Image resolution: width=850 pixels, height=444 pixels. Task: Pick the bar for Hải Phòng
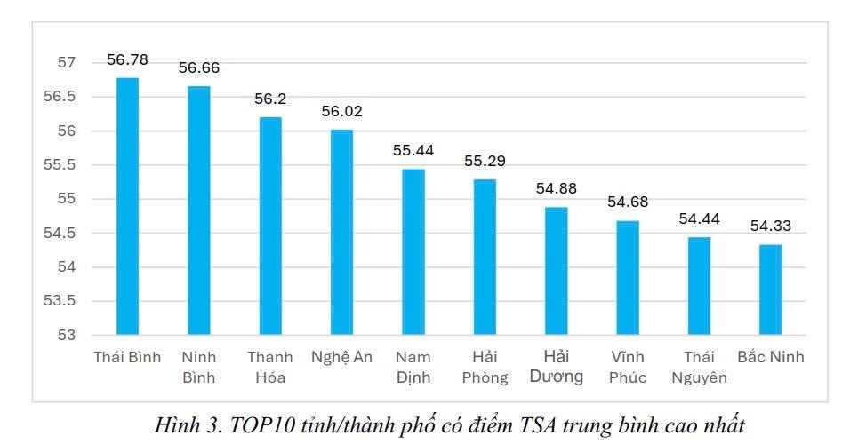[485, 258]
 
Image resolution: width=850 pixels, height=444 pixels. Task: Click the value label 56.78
[127, 60]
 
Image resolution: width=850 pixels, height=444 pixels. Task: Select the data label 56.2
[270, 99]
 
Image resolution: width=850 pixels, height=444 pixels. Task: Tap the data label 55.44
[413, 151]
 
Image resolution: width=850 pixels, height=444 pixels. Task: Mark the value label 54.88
[557, 189]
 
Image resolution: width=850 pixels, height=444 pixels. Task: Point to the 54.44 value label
[699, 218]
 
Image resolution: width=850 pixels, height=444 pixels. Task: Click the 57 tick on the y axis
[68, 63]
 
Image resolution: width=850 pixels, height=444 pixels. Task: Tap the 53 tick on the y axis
[68, 336]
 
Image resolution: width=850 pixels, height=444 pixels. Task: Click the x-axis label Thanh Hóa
[270, 367]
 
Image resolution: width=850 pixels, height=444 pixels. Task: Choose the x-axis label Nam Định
[413, 367]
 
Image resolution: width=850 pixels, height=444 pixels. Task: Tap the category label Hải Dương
[557, 367]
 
